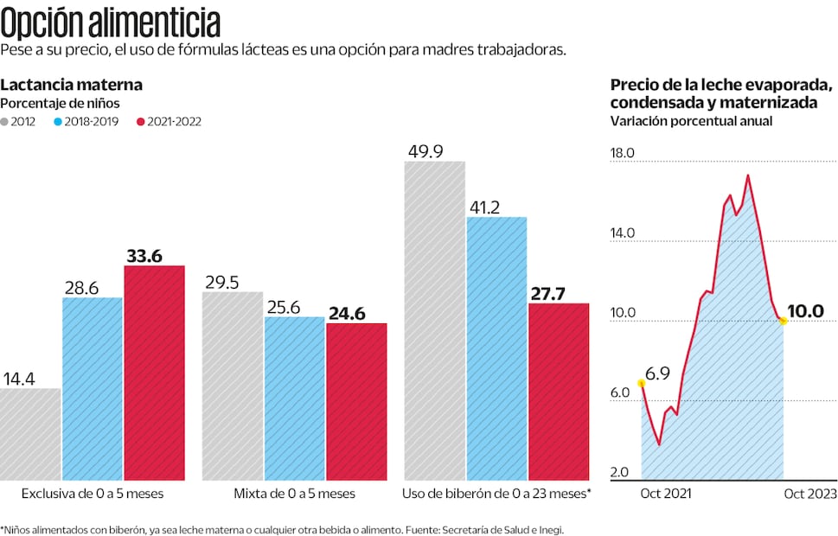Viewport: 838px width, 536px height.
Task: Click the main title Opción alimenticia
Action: [x=110, y=22]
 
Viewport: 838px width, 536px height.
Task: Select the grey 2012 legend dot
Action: [x=6, y=122]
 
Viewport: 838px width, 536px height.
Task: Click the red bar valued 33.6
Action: [x=154, y=373]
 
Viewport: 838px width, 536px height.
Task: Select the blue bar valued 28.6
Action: [x=93, y=388]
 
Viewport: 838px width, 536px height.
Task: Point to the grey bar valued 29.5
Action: [x=232, y=386]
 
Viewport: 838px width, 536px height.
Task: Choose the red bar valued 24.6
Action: [x=356, y=401]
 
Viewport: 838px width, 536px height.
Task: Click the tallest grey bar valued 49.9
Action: [x=434, y=320]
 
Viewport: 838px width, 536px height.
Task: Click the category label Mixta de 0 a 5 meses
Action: [x=294, y=494]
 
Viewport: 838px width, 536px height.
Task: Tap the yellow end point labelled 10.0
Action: [x=784, y=321]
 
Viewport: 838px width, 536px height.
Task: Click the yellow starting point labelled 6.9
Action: [x=641, y=383]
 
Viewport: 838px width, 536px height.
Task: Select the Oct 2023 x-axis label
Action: [x=809, y=494]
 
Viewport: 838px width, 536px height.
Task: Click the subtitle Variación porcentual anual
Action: [x=691, y=121]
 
